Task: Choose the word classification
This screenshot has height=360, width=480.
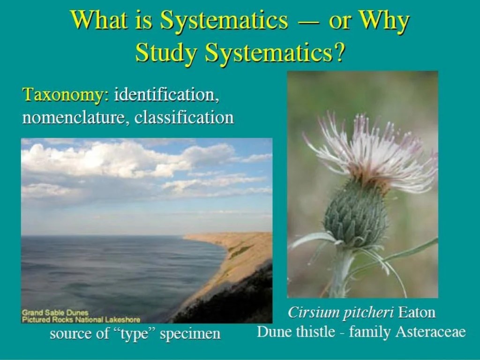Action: [184, 117]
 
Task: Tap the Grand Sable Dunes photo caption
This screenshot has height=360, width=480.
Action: [55, 312]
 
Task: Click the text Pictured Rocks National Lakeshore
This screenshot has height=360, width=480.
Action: [81, 319]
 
